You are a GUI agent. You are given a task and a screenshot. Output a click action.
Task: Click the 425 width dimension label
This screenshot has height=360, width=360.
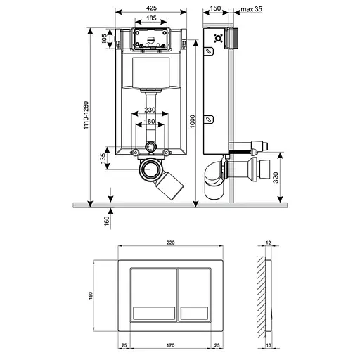point(151,8)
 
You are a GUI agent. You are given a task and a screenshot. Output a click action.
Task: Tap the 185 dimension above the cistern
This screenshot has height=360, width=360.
point(151,18)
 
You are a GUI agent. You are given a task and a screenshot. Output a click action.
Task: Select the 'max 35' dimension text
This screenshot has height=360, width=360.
point(251,9)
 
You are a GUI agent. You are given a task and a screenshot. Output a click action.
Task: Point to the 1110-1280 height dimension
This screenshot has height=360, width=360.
point(86,115)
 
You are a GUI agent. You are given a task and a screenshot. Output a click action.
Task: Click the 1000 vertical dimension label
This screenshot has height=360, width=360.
point(193,121)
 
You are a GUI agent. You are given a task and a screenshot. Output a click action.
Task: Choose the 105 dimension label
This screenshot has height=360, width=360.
point(104,39)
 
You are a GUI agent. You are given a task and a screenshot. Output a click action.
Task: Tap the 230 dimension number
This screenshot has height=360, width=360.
point(150,110)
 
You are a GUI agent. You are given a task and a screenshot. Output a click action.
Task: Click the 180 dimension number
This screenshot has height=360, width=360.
point(150,121)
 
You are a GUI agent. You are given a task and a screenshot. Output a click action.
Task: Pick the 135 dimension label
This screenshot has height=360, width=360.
point(103,158)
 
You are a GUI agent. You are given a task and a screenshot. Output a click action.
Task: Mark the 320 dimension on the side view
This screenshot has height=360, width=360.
point(276,177)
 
